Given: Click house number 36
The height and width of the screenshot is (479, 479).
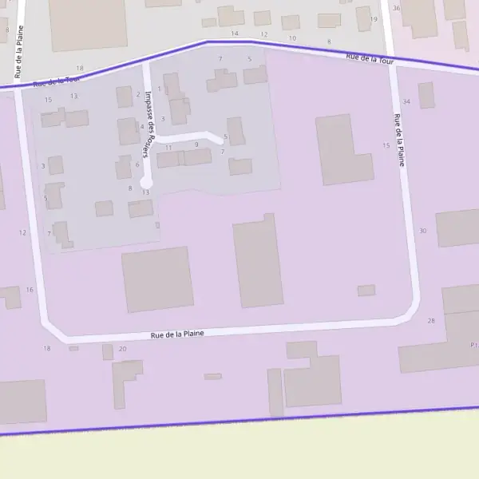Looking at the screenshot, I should pos(397,7).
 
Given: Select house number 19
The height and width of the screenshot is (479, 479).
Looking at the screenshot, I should pos(373,19).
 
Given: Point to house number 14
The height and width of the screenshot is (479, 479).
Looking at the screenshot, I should pos(235,34).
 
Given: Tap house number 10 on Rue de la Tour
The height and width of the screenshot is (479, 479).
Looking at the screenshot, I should pos(293,38).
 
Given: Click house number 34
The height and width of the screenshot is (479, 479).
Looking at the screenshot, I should pos(406,101).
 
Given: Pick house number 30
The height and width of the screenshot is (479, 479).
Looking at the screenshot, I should pos(422,231).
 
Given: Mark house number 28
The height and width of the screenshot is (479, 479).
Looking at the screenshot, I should pos(431,320).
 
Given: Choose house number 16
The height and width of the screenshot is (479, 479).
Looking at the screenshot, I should pos(30,290).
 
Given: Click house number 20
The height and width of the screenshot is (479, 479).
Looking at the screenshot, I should pos(122,349).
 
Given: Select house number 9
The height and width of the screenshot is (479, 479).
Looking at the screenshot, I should pos(196,144).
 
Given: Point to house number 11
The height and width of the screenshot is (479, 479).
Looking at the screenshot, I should pos(168,148).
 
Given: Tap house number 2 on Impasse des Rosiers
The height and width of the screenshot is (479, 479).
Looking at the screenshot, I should pos(137,94).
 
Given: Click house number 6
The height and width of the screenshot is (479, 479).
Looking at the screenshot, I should pos(137,164).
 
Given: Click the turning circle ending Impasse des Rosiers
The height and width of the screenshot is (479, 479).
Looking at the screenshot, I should pos(146,184).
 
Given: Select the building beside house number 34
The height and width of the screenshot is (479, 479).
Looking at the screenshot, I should pos(426,95).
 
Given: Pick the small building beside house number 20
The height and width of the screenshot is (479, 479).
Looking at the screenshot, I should pos(108,352).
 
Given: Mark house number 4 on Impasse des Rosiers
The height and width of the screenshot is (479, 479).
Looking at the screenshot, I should pos(142,126).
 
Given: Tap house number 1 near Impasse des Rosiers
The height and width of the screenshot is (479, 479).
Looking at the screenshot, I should pos(160,89).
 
